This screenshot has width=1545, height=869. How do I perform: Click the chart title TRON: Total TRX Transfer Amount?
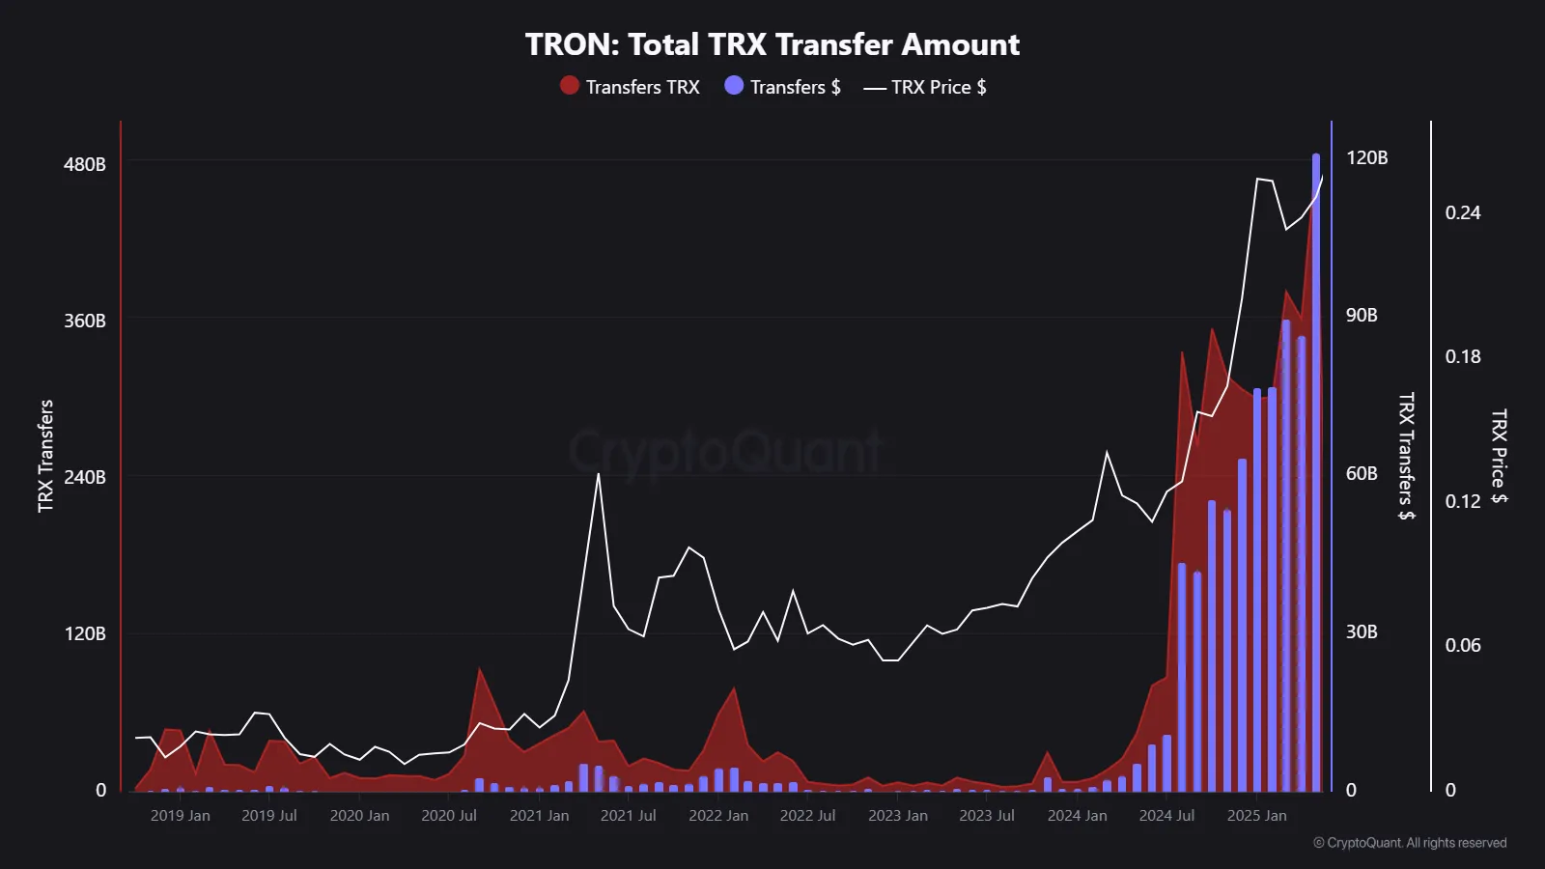tap(772, 44)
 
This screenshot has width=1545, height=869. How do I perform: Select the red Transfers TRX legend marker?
tap(570, 86)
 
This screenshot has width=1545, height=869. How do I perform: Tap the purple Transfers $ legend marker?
tap(734, 86)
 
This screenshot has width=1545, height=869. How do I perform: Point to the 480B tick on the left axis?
tap(85, 164)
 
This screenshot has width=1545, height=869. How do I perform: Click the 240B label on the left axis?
tap(85, 477)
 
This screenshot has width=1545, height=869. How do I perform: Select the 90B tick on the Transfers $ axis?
tap(1362, 316)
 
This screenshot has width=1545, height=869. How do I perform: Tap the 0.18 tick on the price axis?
tap(1462, 357)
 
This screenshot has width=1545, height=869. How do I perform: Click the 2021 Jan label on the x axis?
tap(539, 816)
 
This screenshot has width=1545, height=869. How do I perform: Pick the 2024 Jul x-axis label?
tap(1166, 816)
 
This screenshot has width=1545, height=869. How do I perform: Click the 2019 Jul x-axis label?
tap(268, 816)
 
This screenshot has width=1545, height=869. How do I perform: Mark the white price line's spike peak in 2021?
tap(599, 474)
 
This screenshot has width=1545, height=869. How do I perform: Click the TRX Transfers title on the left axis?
tap(45, 456)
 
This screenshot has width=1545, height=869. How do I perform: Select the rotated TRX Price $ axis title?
tap(1498, 456)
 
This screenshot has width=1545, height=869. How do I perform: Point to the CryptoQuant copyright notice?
tap(1410, 843)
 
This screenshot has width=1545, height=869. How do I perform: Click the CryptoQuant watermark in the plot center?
tap(724, 451)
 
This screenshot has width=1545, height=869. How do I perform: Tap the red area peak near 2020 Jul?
tap(479, 669)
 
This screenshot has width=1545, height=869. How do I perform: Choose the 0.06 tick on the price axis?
tap(1462, 645)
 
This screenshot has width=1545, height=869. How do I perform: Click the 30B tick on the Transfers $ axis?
tap(1362, 632)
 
